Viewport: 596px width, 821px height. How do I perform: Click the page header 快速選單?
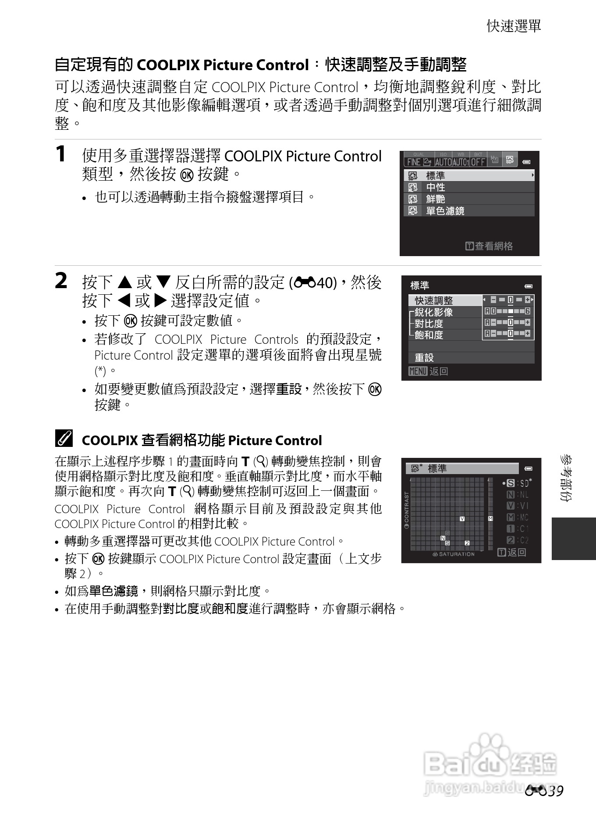point(514,26)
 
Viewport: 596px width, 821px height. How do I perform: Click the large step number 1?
point(61,154)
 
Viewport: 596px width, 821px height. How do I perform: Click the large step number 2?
point(61,281)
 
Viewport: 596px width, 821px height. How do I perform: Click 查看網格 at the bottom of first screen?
point(489,246)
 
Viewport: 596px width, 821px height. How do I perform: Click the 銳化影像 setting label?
point(434,312)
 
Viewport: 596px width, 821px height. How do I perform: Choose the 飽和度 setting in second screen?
point(429,335)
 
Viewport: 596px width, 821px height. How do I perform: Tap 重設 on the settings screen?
point(424,357)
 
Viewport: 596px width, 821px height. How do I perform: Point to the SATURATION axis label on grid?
point(454,554)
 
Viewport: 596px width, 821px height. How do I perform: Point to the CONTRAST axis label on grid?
point(407,510)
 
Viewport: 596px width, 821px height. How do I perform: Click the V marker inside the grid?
point(462,519)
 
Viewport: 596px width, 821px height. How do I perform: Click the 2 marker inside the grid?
point(467,543)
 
